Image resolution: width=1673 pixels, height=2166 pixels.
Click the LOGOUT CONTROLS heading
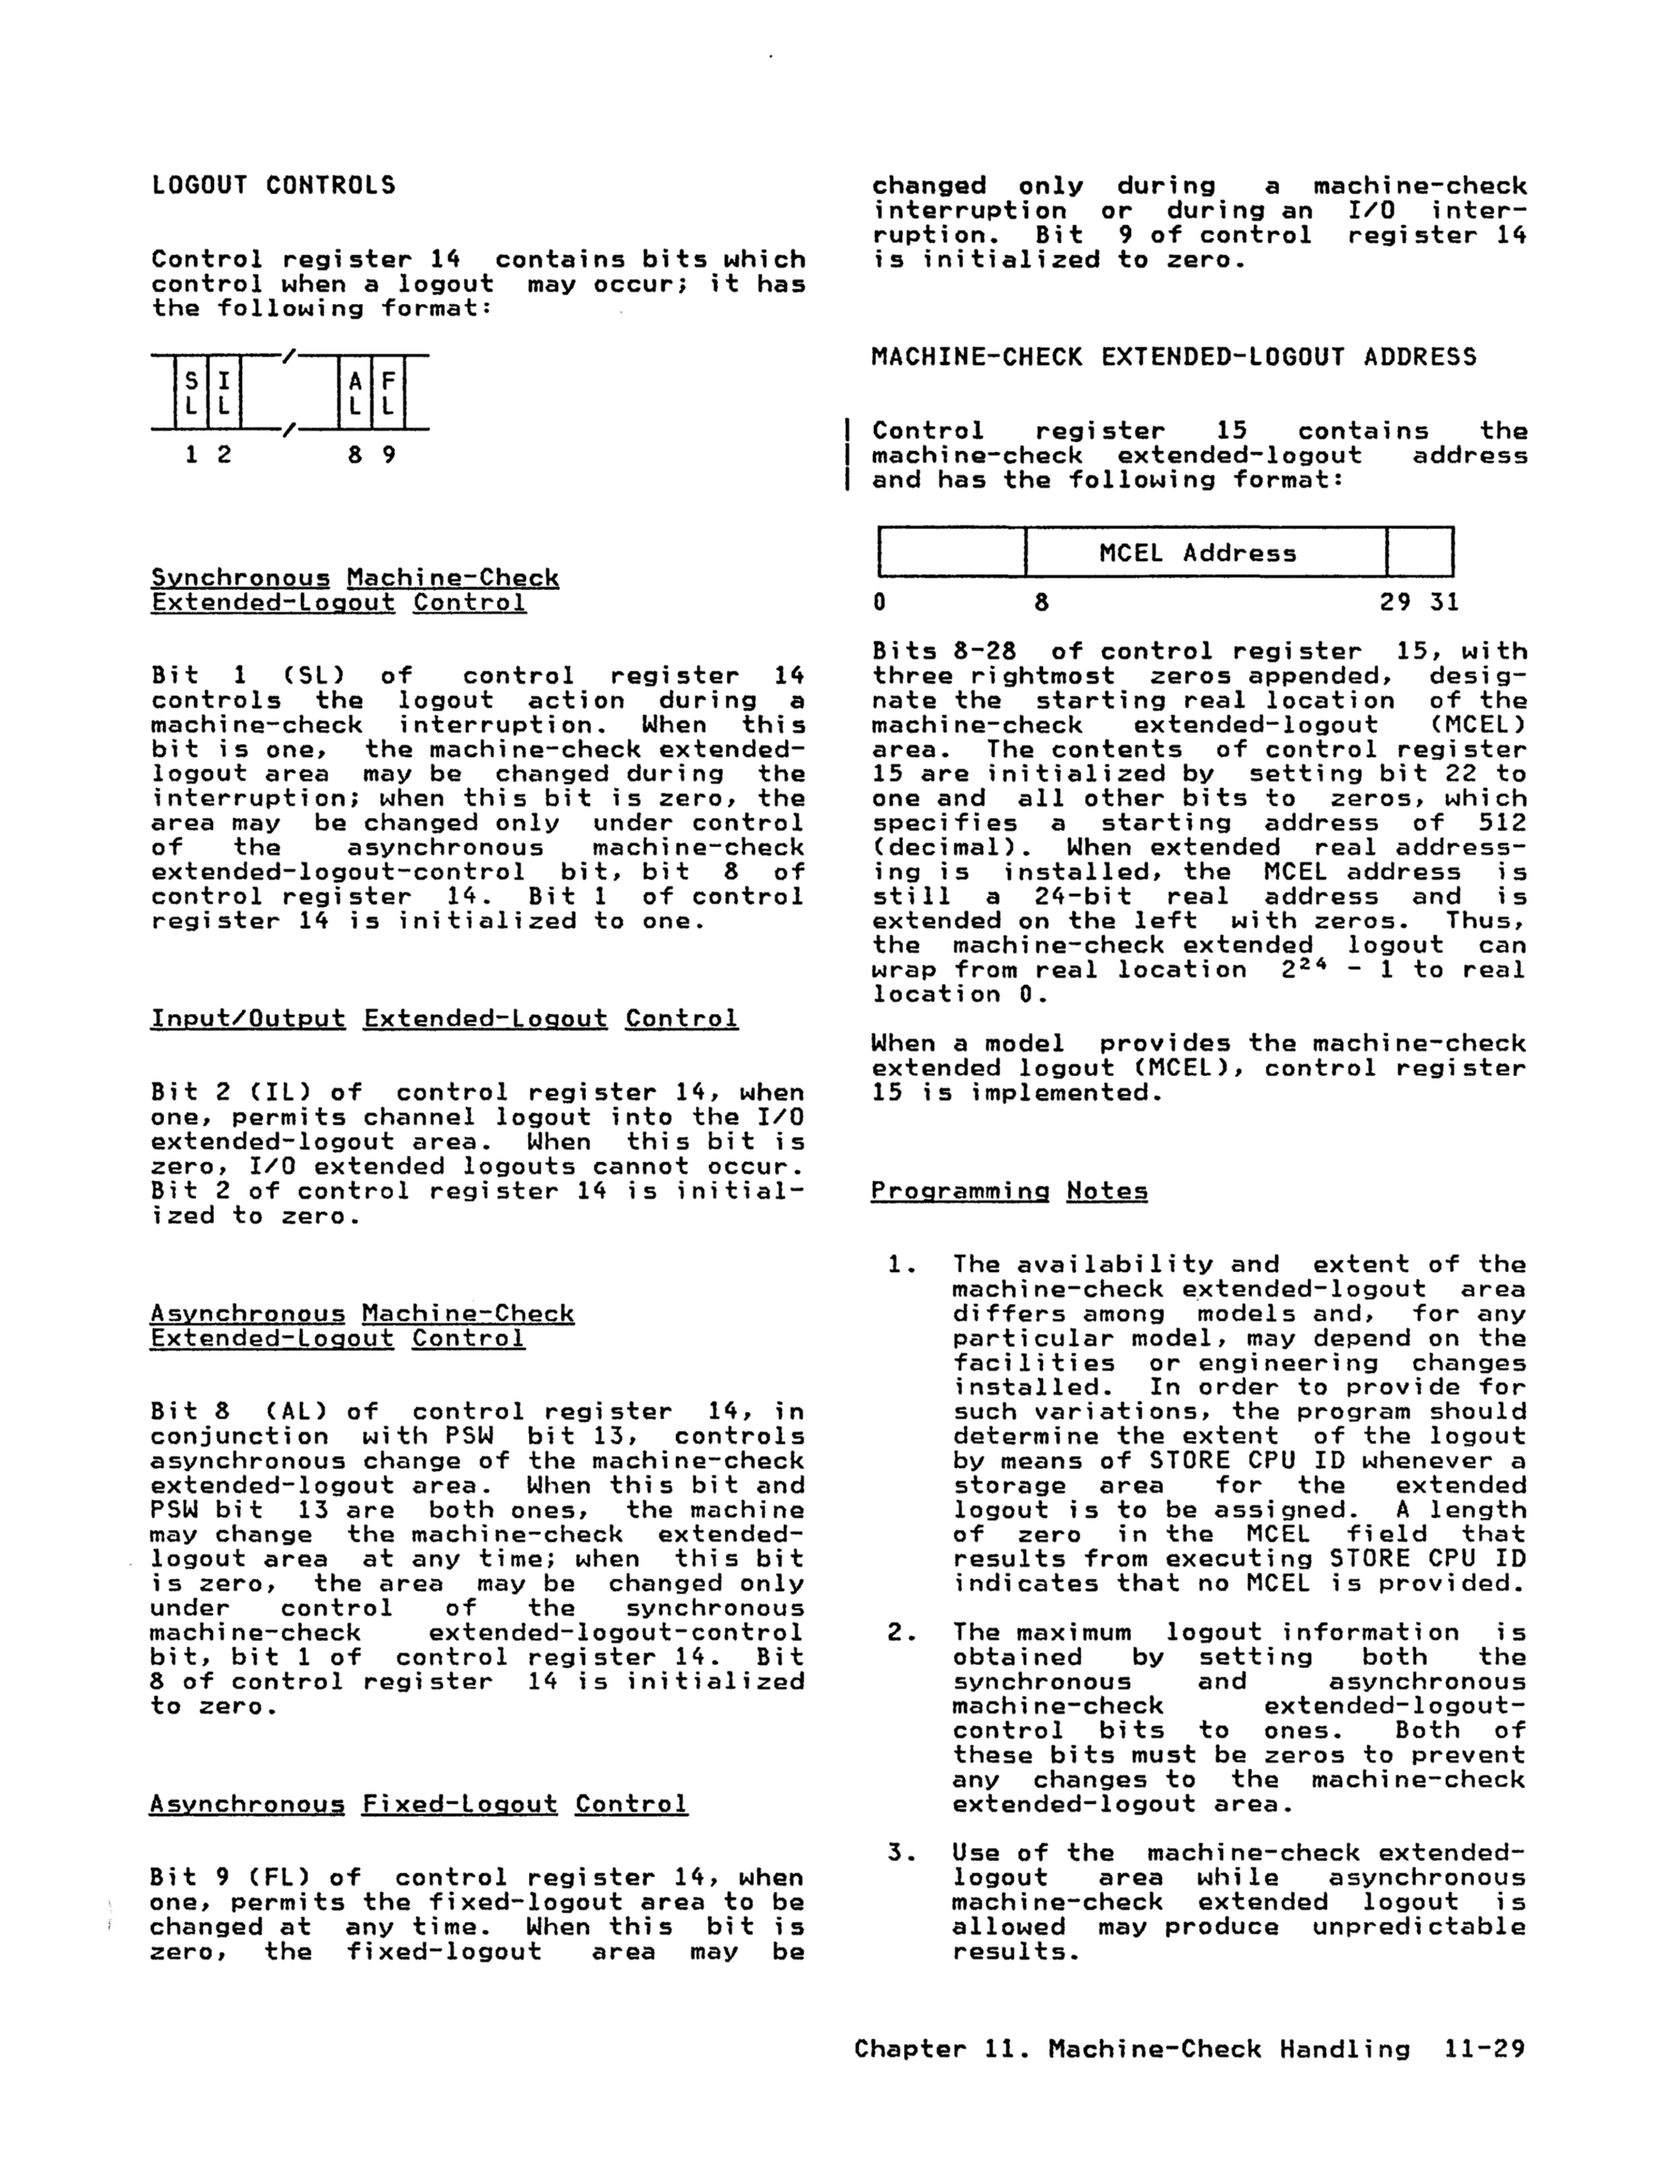pyautogui.click(x=273, y=186)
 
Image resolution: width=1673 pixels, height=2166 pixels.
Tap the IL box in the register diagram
pyautogui.click(x=224, y=393)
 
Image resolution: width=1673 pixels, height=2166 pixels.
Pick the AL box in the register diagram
pyautogui.click(x=355, y=393)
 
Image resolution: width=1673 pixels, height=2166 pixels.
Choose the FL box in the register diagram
pyautogui.click(x=387, y=393)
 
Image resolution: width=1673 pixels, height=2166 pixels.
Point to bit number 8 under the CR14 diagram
pyautogui.click(x=355, y=455)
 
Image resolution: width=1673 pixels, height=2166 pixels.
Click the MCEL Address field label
pyautogui.click(x=1197, y=553)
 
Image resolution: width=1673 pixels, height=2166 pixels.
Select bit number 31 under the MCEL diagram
pyautogui.click(x=1445, y=602)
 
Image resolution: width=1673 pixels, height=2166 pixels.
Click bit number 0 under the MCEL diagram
pyautogui.click(x=880, y=602)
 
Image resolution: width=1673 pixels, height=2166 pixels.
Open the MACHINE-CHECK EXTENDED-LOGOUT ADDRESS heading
pyautogui.click(x=1173, y=357)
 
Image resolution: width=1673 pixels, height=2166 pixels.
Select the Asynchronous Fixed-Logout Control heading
pyautogui.click(x=418, y=1804)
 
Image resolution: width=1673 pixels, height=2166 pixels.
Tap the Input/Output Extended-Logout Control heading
pyautogui.click(x=444, y=1020)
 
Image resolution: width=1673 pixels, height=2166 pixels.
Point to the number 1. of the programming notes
pyautogui.click(x=899, y=1265)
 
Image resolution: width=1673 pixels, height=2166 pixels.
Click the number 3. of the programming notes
pyautogui.click(x=899, y=1854)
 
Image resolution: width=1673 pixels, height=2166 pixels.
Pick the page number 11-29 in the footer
pyautogui.click(x=1485, y=2049)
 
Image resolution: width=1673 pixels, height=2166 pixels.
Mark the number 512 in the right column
pyautogui.click(x=1501, y=824)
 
